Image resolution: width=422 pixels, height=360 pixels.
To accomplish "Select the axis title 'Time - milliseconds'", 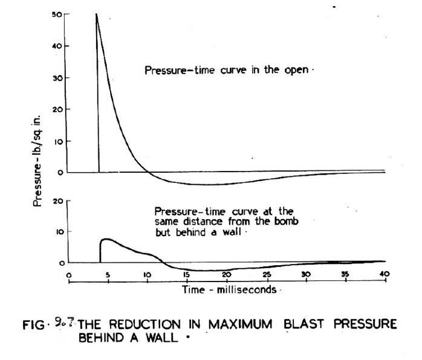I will click(229, 289).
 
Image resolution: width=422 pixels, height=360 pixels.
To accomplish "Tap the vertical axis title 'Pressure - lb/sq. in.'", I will click(37, 154).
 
